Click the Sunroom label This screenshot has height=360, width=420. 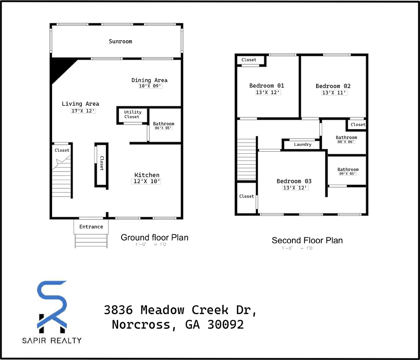pos(120,41)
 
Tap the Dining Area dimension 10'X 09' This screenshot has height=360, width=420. pos(150,86)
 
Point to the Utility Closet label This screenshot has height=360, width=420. pos(133,114)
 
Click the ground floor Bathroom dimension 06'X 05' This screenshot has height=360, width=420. pos(163,128)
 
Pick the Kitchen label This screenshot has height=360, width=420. pos(147,175)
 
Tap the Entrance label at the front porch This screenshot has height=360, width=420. pos(91,226)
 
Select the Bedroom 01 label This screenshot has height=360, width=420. pos(267,85)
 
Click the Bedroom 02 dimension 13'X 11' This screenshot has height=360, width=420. pos(334,93)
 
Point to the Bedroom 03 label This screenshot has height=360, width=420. pos(294,181)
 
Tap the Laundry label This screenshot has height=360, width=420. pos(303,144)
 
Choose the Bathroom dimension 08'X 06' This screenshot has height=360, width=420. pos(346,142)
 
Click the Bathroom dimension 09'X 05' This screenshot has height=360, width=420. pos(347,174)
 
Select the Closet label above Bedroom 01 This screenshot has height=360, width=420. pos(249,60)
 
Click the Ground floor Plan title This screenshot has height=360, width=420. pos(154,237)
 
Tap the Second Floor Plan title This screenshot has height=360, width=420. pos(307,240)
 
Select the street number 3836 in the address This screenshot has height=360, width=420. pos(118,310)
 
